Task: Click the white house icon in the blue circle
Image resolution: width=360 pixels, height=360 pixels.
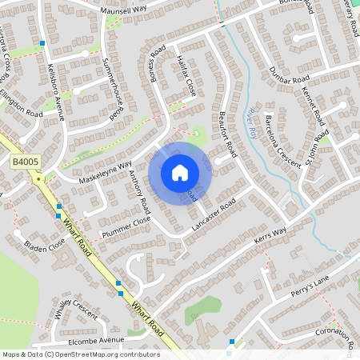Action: point(180,173)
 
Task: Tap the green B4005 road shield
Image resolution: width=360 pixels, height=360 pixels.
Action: point(24,162)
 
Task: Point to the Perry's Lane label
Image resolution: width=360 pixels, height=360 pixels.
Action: point(310,286)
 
